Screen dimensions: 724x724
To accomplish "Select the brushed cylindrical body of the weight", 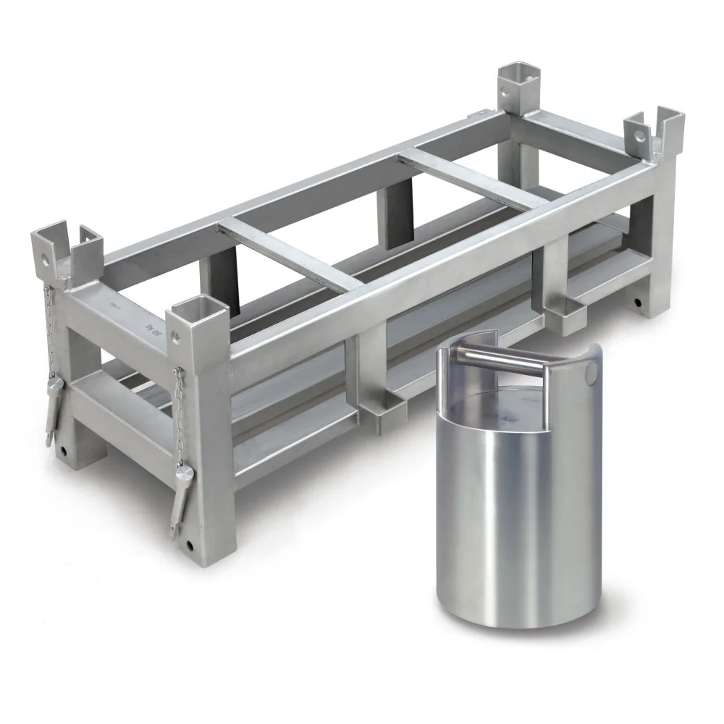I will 518,521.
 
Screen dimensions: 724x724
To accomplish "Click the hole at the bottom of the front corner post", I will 190,544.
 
